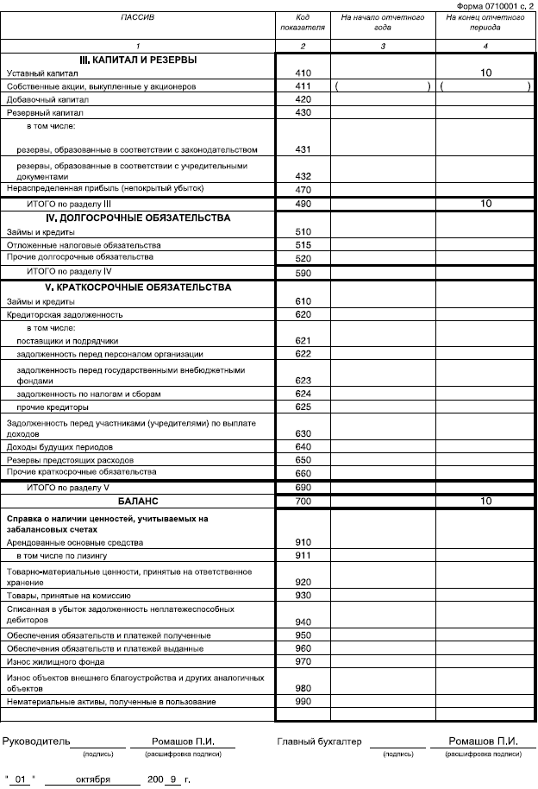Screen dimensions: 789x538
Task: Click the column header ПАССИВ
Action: coord(138,17)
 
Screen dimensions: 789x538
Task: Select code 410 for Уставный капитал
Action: coord(303,73)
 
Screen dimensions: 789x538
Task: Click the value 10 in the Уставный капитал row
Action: coord(486,73)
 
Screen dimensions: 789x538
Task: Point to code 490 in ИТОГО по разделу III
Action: coord(303,204)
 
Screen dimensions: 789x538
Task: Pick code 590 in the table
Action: coord(303,272)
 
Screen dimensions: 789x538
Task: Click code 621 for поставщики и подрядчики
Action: coord(303,341)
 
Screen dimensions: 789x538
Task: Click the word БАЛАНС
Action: coord(138,501)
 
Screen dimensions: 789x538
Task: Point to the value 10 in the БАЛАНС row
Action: coord(486,501)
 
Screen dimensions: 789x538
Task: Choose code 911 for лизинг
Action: coord(303,556)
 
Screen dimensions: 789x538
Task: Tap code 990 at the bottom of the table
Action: coord(303,702)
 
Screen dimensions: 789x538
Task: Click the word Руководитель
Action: coord(35,742)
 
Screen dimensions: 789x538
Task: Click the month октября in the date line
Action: coord(92,780)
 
